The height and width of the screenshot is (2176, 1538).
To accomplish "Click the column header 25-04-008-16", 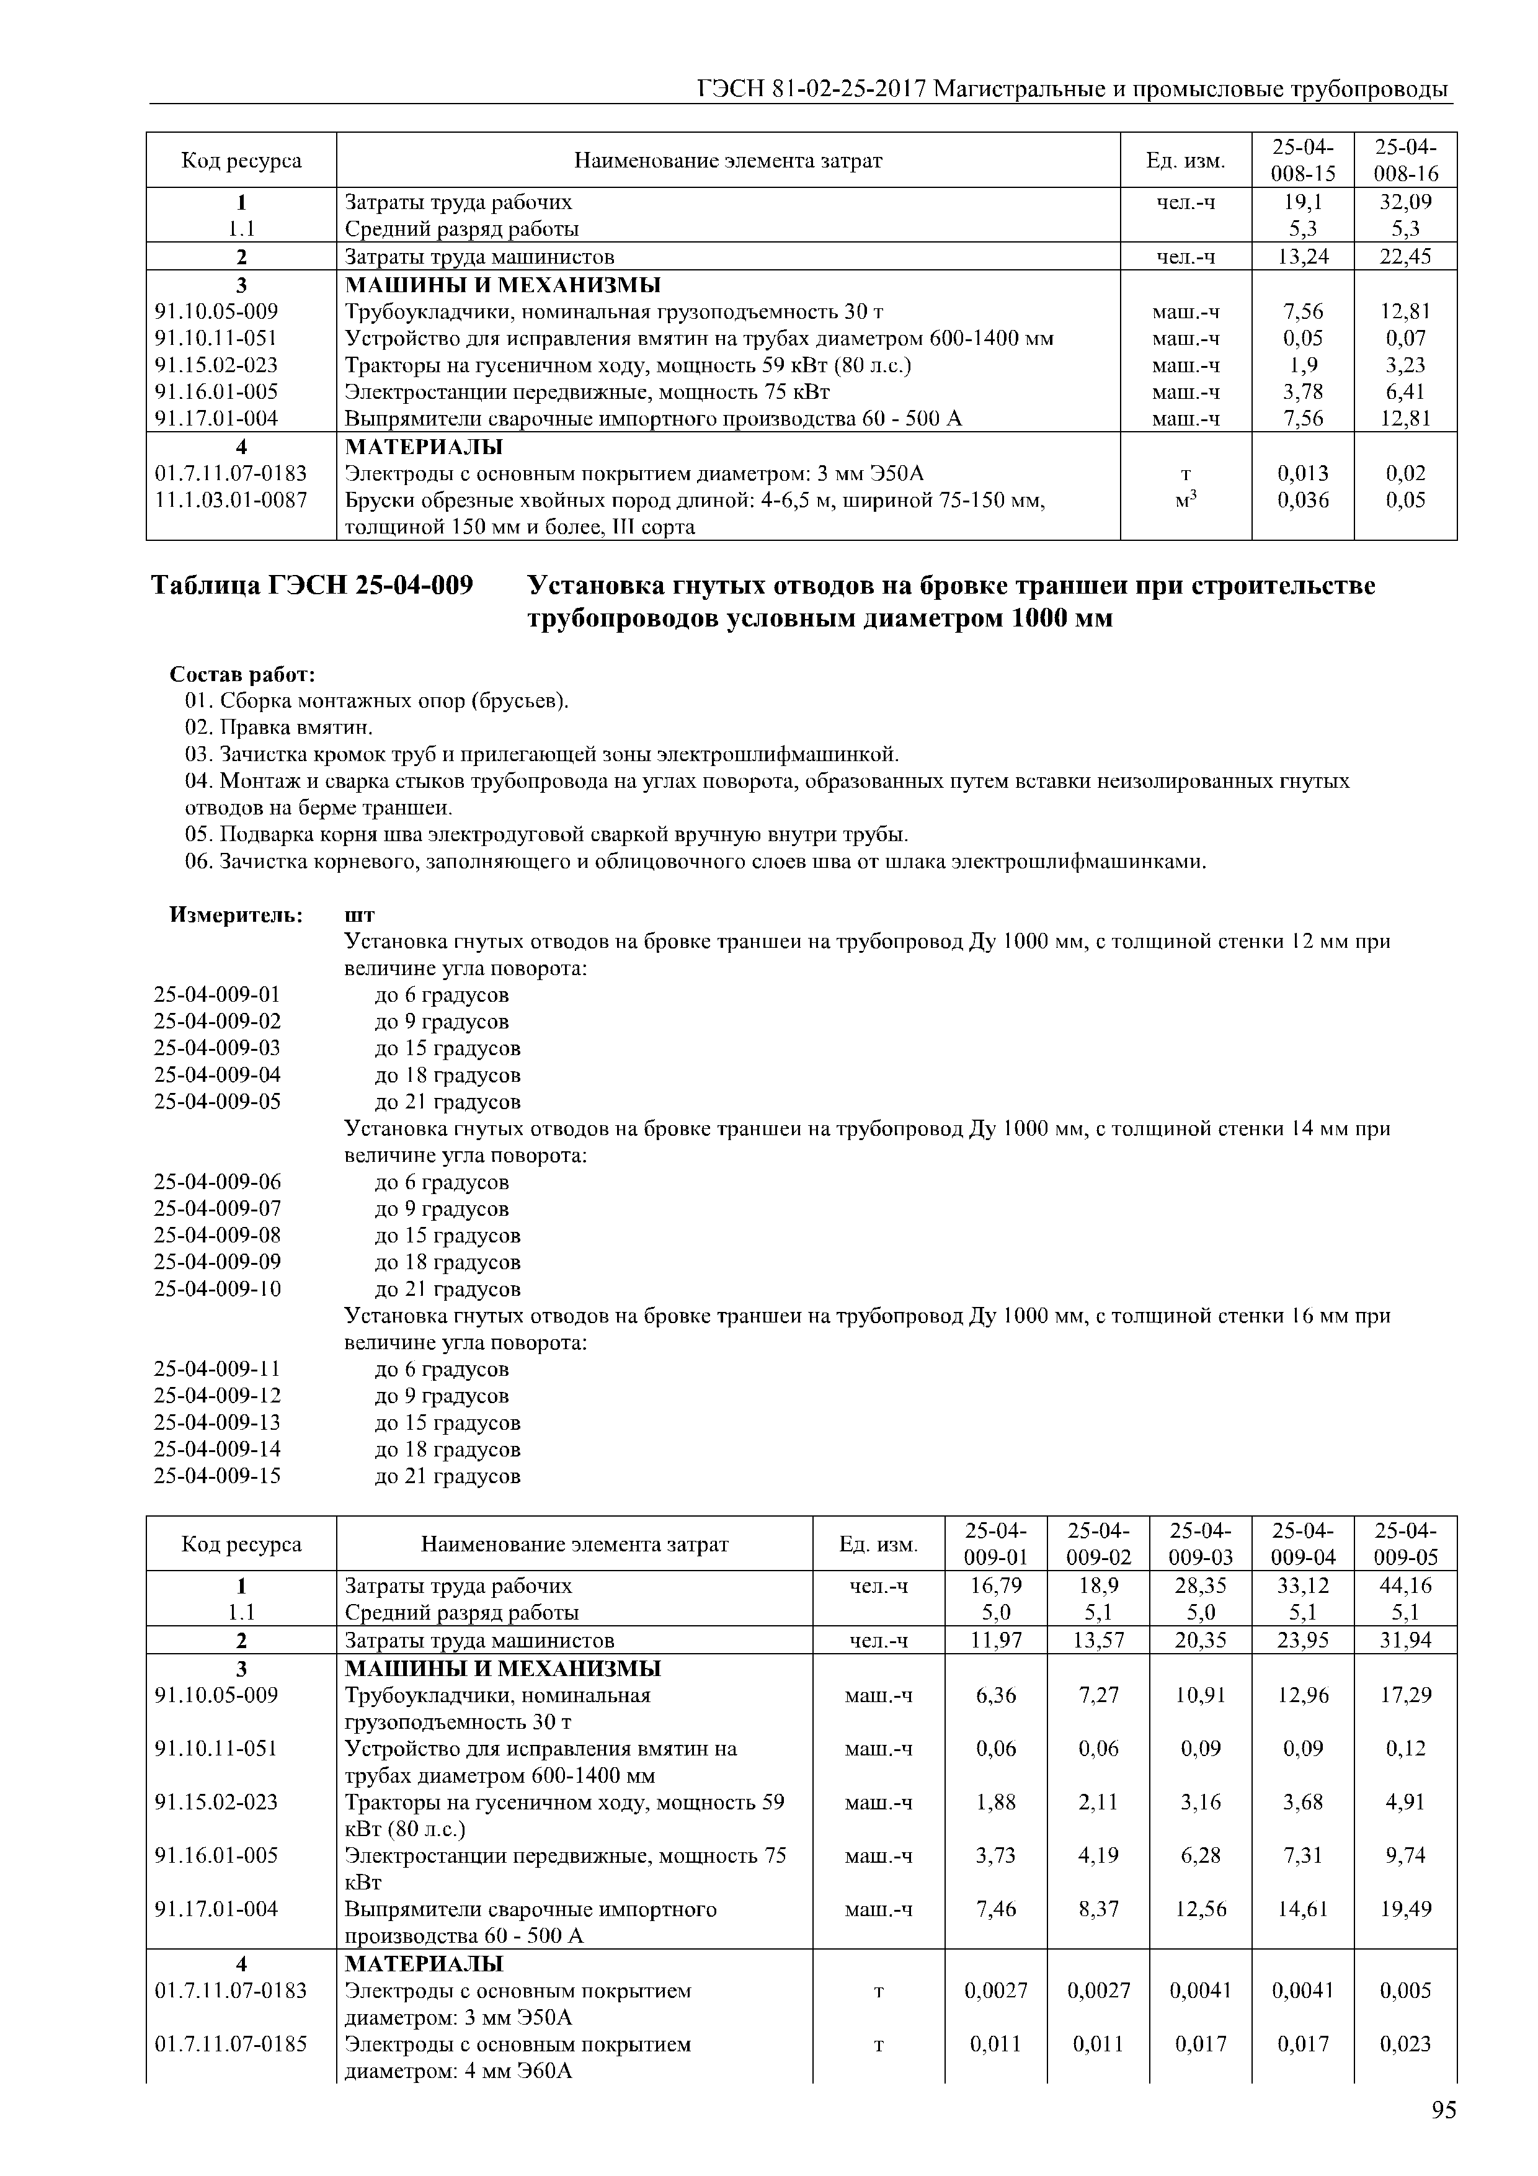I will pos(1405,160).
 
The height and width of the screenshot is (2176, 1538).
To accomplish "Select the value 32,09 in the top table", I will pos(1405,202).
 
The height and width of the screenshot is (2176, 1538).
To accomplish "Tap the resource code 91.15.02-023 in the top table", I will pos(217,365).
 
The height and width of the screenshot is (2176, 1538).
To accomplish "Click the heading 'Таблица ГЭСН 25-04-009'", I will pos(312,587).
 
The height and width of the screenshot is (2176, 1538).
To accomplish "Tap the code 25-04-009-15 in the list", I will pos(217,1476).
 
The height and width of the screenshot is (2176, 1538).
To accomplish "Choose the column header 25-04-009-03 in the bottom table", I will pos(1201,1544).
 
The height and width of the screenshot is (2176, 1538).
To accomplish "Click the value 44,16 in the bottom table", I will pos(1405,1585).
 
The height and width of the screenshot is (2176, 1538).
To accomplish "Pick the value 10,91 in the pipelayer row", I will pos(1201,1695).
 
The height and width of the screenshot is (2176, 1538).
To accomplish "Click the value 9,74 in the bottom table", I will pos(1405,1855).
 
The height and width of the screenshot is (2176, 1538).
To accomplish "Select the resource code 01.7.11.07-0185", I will pos(230,2044).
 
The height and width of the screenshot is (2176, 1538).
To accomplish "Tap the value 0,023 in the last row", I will pos(1405,2044).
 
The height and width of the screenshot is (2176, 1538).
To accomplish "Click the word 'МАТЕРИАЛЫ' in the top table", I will pos(424,447).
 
